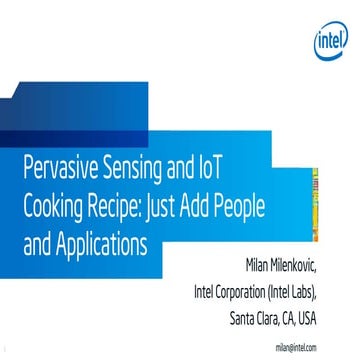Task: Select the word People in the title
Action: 274,205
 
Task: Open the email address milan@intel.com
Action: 296,347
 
